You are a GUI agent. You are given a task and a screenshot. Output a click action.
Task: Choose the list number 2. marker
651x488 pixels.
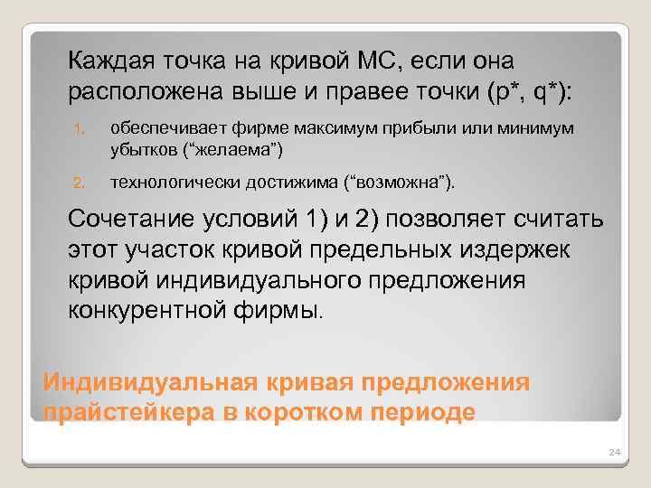click(x=78, y=183)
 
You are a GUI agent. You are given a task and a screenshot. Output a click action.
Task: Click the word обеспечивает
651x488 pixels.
click(x=162, y=131)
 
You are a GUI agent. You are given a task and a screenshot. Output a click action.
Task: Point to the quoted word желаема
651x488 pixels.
click(x=241, y=148)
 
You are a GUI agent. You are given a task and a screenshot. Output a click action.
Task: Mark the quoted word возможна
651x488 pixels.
click(x=408, y=183)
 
